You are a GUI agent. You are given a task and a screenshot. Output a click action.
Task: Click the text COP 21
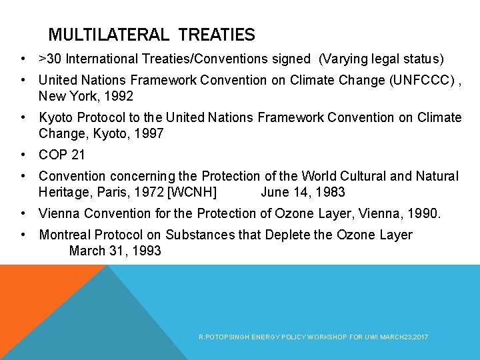point(61,155)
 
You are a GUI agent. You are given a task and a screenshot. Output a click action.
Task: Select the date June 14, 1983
point(303,192)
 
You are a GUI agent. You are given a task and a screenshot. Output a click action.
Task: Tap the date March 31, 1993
point(115,251)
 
